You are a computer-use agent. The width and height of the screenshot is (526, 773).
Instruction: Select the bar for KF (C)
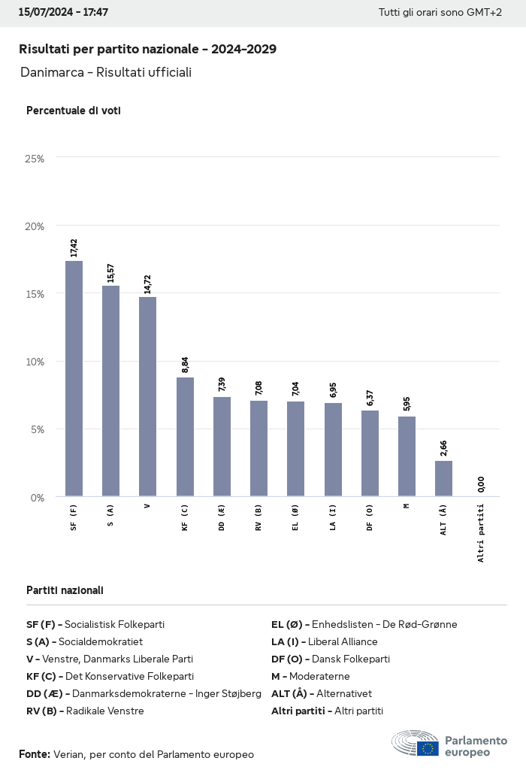coord(185,437)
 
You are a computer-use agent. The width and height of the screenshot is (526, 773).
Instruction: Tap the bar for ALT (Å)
coord(443,478)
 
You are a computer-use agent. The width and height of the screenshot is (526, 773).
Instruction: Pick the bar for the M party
coord(407,456)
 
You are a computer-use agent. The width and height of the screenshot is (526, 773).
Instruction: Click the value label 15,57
coord(111,273)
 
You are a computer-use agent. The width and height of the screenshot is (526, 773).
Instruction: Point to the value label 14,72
coord(148,284)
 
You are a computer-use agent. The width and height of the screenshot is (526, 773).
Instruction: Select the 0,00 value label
coord(481,485)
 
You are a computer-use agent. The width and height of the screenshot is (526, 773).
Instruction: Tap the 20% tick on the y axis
coord(35,226)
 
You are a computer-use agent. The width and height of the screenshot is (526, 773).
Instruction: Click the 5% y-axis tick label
coord(38,429)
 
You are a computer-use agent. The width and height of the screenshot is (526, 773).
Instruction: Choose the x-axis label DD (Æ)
coord(222,517)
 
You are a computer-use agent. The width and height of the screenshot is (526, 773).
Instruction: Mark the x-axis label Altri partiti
coord(481,532)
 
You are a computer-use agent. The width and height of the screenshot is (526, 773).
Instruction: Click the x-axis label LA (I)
coord(333,517)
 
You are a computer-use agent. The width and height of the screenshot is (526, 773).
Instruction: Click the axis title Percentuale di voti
coord(74,111)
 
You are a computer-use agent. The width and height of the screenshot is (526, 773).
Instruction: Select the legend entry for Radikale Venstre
coord(85,711)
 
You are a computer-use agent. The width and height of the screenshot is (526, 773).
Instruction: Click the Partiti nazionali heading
coord(65,590)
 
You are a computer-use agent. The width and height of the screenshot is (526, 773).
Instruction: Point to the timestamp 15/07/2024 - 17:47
coord(63,13)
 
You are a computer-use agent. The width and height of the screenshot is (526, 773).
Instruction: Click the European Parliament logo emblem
coord(415,744)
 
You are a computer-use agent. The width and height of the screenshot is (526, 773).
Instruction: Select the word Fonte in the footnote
coord(35,754)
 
